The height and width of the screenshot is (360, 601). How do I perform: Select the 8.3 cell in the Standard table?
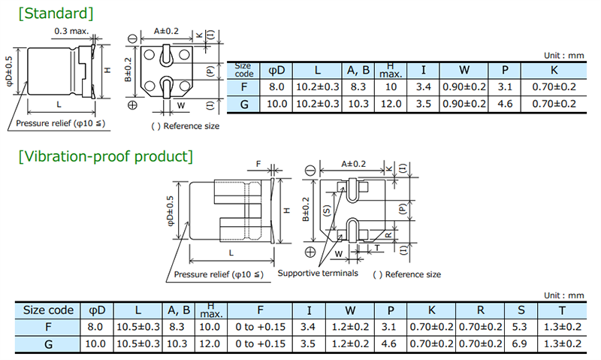point(357,87)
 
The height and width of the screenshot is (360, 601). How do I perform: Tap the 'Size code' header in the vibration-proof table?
point(48,310)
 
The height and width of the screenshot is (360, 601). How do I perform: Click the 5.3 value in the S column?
point(518,327)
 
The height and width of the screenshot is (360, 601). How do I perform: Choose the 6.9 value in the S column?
point(518,343)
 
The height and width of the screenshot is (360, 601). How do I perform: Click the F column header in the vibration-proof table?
point(259,310)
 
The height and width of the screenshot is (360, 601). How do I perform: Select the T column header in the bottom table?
point(561,310)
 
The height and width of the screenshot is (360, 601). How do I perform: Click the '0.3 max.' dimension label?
point(71,32)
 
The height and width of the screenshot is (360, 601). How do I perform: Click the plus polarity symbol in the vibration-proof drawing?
point(310,250)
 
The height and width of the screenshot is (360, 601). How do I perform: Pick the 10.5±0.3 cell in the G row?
point(137,343)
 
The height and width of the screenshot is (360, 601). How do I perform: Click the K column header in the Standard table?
point(554,71)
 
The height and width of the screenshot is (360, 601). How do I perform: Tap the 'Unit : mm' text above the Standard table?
point(563,56)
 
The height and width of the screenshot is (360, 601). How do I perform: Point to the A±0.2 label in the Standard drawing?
point(167,31)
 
